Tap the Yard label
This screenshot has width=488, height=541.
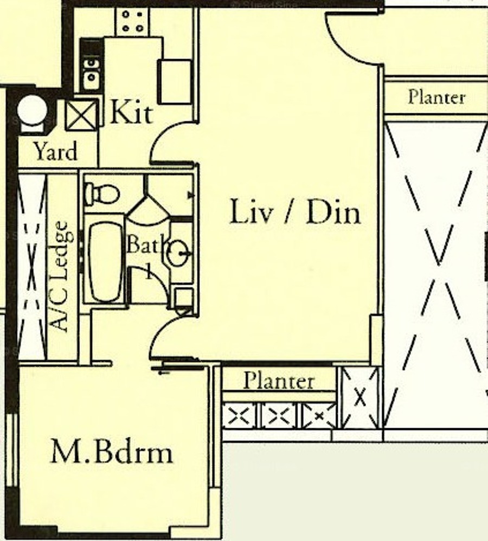click(55, 152)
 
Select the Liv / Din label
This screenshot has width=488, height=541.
click(295, 211)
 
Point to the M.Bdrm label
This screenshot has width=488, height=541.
click(112, 452)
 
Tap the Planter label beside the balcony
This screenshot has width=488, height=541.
click(436, 97)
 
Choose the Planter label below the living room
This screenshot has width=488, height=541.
click(279, 381)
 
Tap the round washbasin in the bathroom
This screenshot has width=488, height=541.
click(177, 253)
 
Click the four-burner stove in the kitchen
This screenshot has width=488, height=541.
click(132, 21)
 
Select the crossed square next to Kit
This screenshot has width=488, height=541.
click(81, 115)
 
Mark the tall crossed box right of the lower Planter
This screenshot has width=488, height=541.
click(359, 397)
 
